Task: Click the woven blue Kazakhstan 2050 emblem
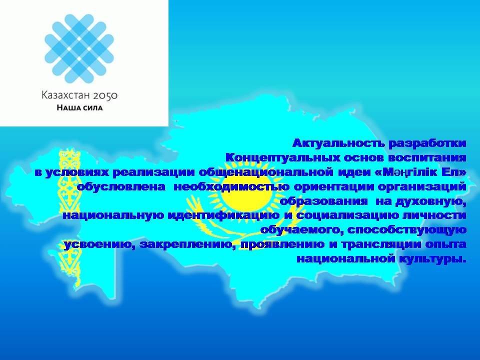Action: [79, 48]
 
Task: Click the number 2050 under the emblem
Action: [105, 95]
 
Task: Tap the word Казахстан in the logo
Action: [66, 95]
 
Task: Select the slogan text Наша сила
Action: [79, 108]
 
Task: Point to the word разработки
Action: [427, 144]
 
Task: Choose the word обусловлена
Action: [120, 186]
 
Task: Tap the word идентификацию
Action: [224, 216]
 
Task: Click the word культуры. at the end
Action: [432, 259]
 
